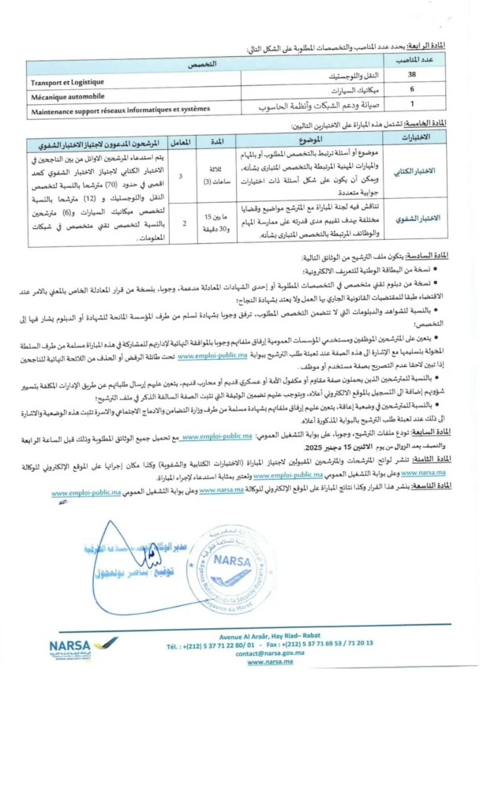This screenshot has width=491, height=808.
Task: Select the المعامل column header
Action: tap(181, 141)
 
